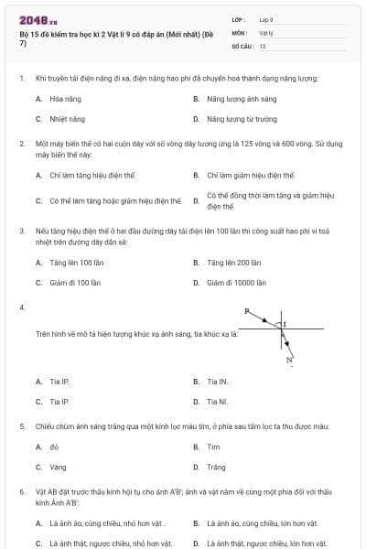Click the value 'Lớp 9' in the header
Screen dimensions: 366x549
[x=267, y=19]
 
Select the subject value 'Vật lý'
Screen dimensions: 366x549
[x=266, y=32]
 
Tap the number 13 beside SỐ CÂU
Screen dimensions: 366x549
[x=263, y=45]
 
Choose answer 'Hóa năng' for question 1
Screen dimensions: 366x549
[x=60, y=98]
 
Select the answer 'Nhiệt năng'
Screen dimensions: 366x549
[x=60, y=119]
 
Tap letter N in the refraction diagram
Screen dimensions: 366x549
[x=288, y=360]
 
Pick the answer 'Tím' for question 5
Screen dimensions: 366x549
[x=213, y=447]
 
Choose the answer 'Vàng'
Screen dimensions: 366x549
[x=58, y=468]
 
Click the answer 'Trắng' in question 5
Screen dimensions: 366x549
[x=216, y=468]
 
